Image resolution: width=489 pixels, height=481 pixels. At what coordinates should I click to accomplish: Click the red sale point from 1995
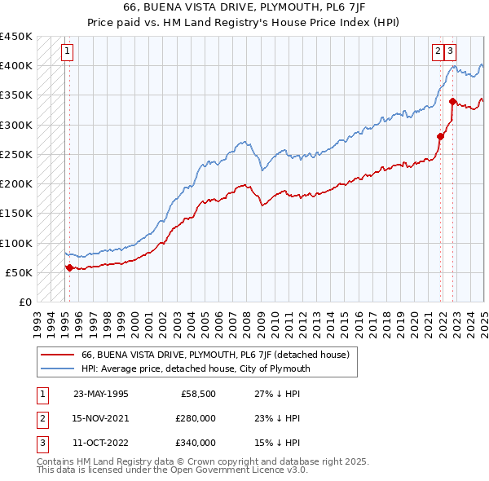(x=69, y=267)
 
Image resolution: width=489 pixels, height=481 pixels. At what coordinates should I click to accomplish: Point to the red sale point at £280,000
(x=441, y=136)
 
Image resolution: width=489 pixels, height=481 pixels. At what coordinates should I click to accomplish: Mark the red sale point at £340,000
(x=453, y=101)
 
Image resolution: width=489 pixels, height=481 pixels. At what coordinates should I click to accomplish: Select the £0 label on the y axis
(x=24, y=302)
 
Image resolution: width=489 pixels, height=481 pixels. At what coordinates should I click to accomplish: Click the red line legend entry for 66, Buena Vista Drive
(x=215, y=355)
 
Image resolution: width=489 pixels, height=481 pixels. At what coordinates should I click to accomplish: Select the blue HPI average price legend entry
(x=196, y=368)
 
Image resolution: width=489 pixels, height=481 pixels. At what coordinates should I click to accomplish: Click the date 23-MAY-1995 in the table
(x=100, y=394)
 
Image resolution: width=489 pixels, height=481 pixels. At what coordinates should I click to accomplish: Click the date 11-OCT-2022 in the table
(x=100, y=443)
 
